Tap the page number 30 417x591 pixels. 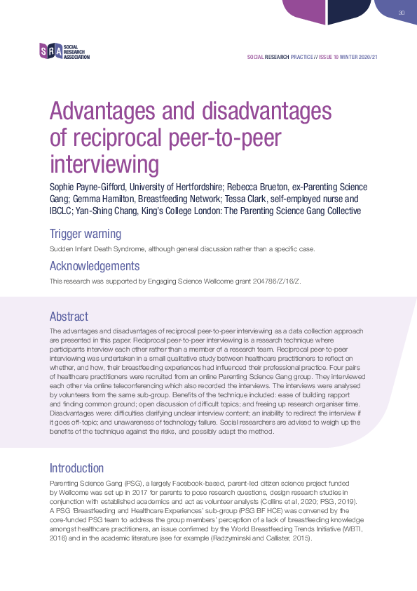point(402,13)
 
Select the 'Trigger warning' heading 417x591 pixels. point(85,233)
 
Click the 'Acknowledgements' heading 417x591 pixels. point(95,266)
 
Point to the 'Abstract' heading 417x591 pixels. point(68,316)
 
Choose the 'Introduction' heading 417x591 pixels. point(77,467)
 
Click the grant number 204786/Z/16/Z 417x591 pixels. point(256,281)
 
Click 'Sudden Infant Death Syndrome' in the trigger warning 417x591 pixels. point(93,248)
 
